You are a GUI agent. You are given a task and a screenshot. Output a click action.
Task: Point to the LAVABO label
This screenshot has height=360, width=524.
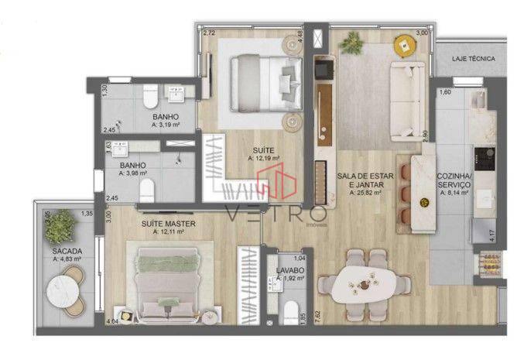[x=289, y=270]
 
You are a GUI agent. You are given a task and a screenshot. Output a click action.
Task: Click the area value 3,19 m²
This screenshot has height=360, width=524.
[x=166, y=124]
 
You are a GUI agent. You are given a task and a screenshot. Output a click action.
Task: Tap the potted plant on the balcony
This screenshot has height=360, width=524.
[x=62, y=227]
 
